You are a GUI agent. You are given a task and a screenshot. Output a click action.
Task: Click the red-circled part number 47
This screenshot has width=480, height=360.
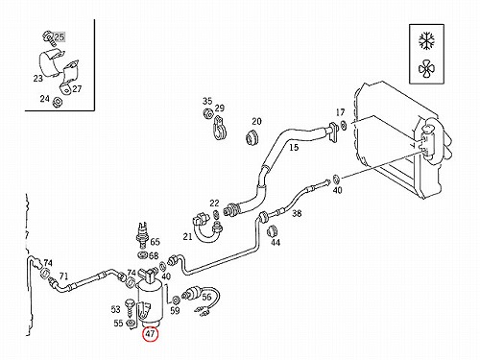coord(151,334)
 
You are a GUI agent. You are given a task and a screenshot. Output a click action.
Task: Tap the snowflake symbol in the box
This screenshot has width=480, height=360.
coord(426,41)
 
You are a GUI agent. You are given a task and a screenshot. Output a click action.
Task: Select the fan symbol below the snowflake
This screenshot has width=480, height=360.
coord(426,69)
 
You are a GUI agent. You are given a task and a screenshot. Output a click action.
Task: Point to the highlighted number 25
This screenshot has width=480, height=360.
coord(60,36)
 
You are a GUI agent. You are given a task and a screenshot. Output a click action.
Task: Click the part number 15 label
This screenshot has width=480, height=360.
coord(294,147)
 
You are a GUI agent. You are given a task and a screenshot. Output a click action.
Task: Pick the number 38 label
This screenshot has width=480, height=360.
coord(297,213)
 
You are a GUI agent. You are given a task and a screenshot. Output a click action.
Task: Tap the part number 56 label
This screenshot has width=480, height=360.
coord(206,297)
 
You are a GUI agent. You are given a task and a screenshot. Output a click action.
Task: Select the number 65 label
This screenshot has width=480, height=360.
coord(155,242)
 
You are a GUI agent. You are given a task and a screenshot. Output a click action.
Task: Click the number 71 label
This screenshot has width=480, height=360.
coord(64,276)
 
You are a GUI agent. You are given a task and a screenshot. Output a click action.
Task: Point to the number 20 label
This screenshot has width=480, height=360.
coord(256,121)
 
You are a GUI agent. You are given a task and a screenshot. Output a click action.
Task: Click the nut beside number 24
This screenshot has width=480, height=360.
coord(58,102)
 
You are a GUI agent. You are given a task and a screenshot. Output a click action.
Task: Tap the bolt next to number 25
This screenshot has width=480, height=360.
coord(48,37)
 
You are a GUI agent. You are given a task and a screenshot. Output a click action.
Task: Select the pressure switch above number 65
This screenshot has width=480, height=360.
coord(142,235)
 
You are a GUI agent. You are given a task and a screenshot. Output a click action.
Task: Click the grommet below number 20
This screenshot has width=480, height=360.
coord(252,137)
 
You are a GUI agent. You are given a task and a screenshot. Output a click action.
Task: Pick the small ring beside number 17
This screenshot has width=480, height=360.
coord(344,125)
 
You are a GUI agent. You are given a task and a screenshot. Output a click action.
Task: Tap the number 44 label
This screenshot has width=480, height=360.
coord(276,242)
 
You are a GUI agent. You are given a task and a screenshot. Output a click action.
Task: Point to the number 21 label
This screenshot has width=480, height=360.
coord(187,236)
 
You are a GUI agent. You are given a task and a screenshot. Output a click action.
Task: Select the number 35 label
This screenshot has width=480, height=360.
coord(207,101)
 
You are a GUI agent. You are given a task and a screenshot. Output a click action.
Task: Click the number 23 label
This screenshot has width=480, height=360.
coord(37,78)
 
